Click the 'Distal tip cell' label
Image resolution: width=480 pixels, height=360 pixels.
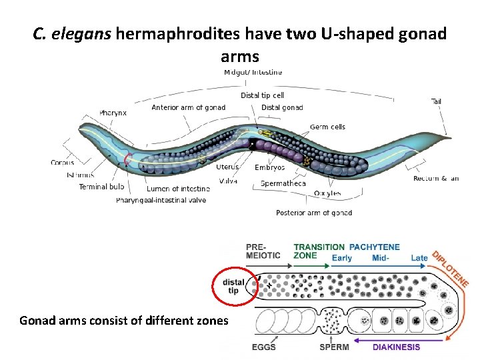click(x=262, y=95)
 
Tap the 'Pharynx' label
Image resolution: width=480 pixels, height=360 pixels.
click(x=113, y=113)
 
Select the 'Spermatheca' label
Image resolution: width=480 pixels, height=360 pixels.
click(x=283, y=183)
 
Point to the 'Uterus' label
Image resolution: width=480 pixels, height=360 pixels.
click(x=227, y=167)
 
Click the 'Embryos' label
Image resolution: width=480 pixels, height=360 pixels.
click(x=269, y=167)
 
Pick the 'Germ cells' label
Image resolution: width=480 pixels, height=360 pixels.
click(x=327, y=127)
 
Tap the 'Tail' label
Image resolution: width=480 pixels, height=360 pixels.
click(x=436, y=101)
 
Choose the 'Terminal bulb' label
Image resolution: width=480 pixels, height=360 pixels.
click(x=102, y=187)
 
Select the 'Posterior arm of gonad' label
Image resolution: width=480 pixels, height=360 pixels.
click(x=314, y=213)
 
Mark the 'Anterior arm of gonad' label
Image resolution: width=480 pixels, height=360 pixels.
click(x=188, y=107)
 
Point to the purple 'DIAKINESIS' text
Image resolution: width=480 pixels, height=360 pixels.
click(x=396, y=347)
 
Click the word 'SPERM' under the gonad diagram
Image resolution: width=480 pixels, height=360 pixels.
click(x=335, y=347)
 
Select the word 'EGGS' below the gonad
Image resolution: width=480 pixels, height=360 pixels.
click(x=263, y=347)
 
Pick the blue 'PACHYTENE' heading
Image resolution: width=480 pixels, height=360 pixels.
click(x=374, y=247)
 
